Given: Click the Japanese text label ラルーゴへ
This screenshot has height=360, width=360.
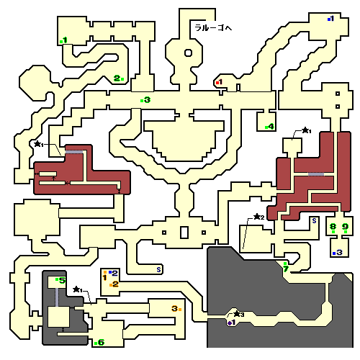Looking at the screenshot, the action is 213,28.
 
